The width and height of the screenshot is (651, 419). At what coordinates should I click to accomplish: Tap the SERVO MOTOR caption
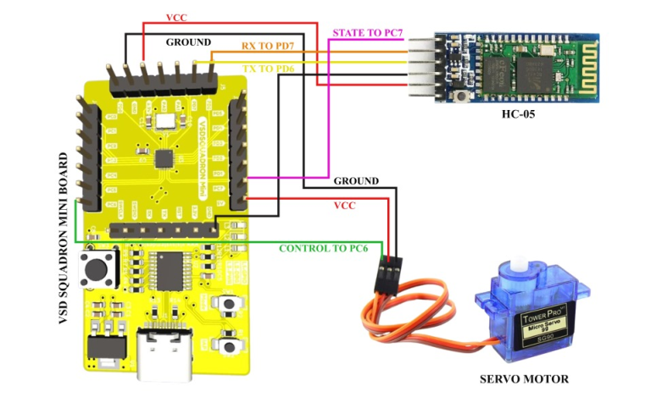tap(523, 378)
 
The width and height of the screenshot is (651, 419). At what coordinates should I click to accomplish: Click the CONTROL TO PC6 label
tap(324, 248)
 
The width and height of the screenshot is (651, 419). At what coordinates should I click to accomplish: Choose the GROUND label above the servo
tap(356, 180)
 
